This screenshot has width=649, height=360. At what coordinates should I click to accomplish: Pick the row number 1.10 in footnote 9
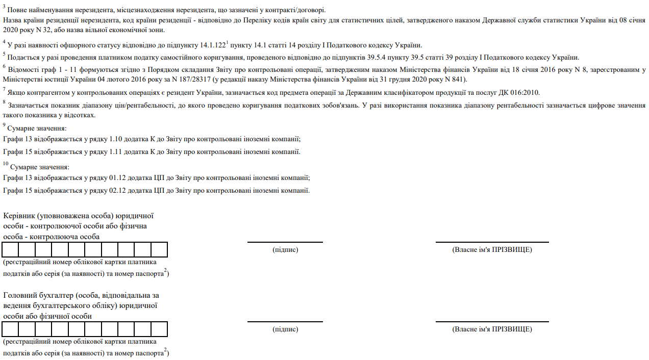(x=117, y=139)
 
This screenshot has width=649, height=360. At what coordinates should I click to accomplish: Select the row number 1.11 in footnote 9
(x=117, y=151)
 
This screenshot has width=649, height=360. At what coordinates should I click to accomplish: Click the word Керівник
(x=18, y=216)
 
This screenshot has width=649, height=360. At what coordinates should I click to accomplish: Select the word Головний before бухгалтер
(x=19, y=295)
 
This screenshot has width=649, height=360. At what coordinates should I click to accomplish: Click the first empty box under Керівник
(x=10, y=250)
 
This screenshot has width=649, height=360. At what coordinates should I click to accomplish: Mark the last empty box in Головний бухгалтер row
(x=159, y=329)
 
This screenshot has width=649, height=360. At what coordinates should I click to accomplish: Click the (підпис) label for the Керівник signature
(x=285, y=250)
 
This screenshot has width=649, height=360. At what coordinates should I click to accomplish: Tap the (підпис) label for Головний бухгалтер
(x=285, y=329)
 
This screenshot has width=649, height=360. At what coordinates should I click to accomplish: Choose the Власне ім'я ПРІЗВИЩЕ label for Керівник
(x=492, y=250)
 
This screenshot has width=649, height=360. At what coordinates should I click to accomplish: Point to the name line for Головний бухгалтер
(x=492, y=322)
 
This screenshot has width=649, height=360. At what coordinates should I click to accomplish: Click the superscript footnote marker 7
(x=4, y=89)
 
